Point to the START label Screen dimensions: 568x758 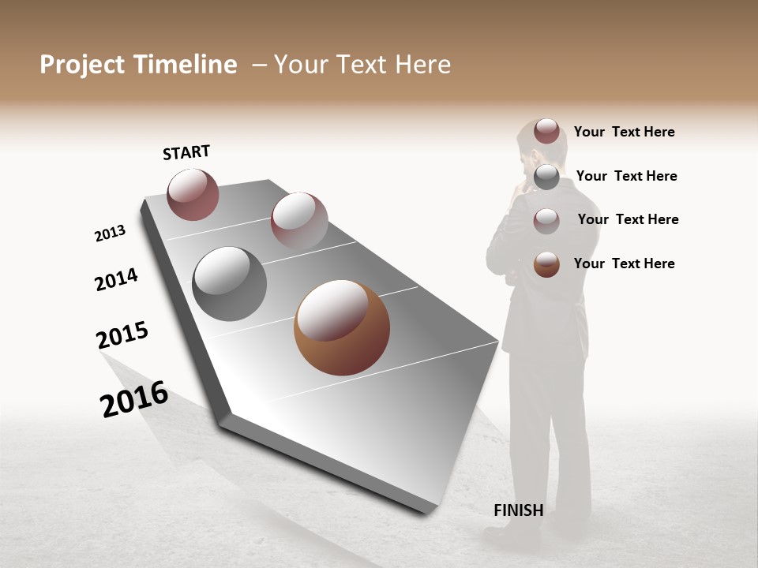186,152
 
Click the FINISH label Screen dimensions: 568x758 518,510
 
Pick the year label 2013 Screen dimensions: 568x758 110,234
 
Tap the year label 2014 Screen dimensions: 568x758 116,279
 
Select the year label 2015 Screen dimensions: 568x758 122,335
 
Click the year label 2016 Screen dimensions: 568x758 134,399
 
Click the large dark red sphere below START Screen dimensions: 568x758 193,195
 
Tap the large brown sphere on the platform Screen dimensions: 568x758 342,327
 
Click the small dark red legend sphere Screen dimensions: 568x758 546,131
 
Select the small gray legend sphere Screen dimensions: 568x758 546,177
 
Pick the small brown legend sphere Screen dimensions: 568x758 546,264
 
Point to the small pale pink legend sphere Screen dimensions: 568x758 546,221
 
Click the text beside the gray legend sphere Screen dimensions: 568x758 626,176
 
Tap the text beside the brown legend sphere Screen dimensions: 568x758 624,263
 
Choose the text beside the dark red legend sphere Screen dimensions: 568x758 624,132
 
